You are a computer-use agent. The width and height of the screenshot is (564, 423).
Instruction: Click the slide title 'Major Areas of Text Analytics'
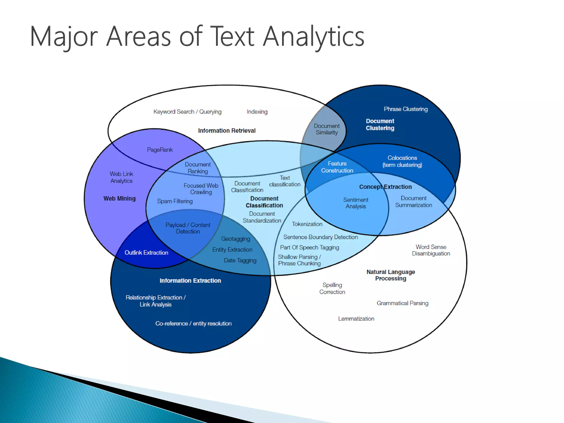click(x=197, y=37)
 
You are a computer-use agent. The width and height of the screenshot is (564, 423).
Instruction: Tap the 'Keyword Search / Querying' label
click(x=187, y=112)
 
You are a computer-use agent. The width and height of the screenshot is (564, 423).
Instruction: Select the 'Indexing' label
click(x=257, y=112)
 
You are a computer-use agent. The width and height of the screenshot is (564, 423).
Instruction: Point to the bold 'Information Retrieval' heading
click(x=227, y=131)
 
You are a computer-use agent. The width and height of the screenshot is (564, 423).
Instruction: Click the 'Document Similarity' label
click(x=327, y=129)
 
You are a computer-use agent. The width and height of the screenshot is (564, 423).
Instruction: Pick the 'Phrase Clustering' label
click(x=406, y=109)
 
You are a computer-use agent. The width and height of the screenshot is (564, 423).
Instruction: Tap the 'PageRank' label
click(x=160, y=150)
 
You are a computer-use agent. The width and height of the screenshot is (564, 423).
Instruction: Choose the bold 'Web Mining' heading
click(x=120, y=199)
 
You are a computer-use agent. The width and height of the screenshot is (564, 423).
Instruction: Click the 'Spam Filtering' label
click(x=175, y=201)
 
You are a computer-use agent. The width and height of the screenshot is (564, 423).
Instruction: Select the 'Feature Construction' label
click(x=337, y=167)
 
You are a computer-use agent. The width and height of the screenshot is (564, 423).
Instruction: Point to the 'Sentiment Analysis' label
click(x=356, y=203)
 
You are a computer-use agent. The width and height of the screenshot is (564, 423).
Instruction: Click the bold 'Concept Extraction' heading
click(x=385, y=187)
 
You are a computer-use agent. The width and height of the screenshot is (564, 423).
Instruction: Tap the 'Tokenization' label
click(x=307, y=224)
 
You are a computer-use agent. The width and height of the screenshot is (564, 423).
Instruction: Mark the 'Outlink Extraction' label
click(x=146, y=253)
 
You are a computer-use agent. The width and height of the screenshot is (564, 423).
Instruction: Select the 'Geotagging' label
click(x=235, y=239)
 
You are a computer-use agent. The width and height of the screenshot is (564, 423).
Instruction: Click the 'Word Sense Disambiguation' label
click(x=431, y=250)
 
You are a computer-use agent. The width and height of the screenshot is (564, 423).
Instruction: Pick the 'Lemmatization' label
click(x=356, y=319)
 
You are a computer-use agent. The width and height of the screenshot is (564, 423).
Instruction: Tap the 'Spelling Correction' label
click(x=332, y=288)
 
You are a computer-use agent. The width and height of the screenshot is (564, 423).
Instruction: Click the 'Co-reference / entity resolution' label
click(x=193, y=324)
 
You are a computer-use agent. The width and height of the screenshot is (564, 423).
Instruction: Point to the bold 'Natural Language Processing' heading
click(x=391, y=275)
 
